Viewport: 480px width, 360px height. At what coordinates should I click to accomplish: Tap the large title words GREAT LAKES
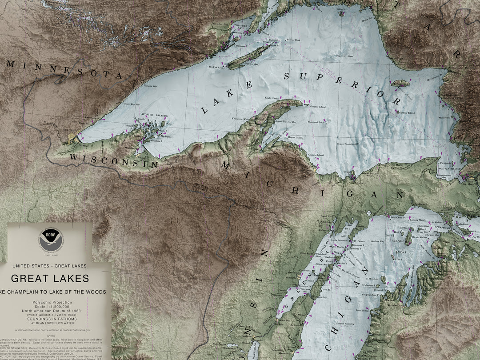(x=50, y=279)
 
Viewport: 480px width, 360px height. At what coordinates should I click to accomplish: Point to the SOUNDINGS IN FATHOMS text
(x=52, y=319)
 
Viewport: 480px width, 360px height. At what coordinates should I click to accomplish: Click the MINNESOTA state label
(x=64, y=69)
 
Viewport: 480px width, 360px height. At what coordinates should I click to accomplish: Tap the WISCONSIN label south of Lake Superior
(x=113, y=160)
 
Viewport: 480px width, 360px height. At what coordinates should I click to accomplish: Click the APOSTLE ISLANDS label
(x=153, y=115)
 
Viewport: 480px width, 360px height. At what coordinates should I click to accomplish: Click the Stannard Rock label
(x=316, y=121)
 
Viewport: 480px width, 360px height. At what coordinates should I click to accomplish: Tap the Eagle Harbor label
(x=272, y=98)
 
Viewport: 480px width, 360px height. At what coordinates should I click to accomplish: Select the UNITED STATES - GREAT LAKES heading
(x=50, y=266)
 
